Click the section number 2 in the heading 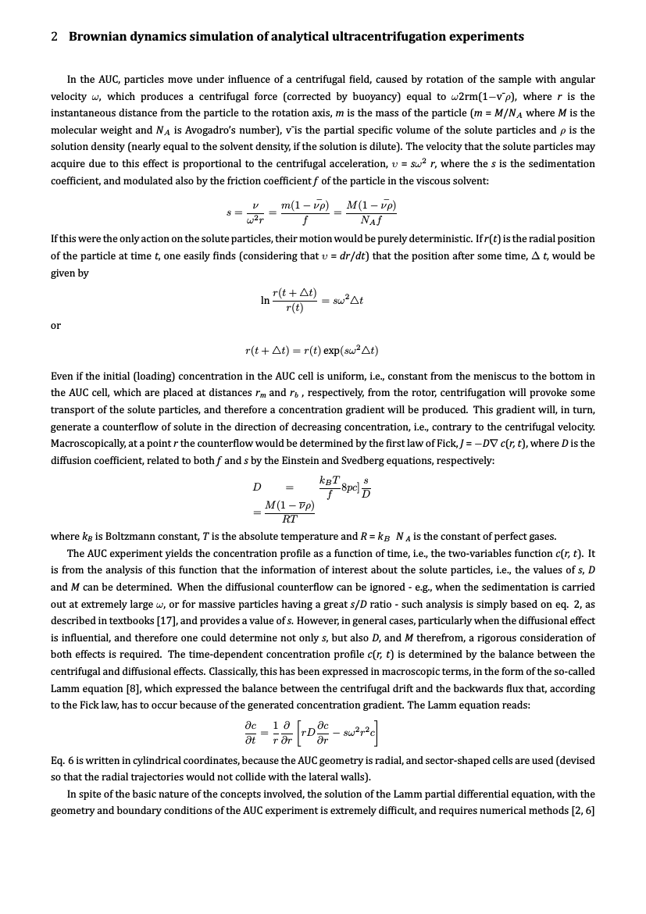pyautogui.click(x=55, y=37)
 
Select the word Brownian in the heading pyautogui.click(x=98, y=37)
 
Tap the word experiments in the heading pyautogui.click(x=484, y=37)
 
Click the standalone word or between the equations pyautogui.click(x=55, y=325)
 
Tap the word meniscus pyautogui.click(x=473, y=376)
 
